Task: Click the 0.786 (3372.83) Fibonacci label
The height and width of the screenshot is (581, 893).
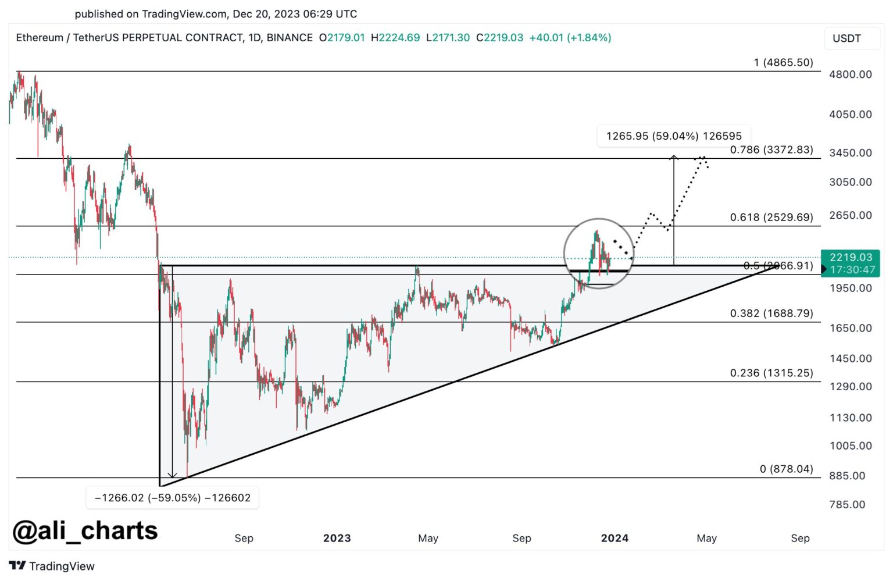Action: click(x=771, y=149)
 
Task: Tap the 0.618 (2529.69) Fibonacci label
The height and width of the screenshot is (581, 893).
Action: click(x=771, y=217)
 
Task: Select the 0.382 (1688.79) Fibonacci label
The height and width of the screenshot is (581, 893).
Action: click(x=771, y=313)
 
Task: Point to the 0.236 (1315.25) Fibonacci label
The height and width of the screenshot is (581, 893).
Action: click(x=771, y=373)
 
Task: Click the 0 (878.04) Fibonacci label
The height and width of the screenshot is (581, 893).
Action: click(x=786, y=469)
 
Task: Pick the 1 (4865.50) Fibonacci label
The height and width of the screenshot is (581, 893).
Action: click(x=783, y=62)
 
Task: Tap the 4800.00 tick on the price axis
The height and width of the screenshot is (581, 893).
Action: click(x=850, y=74)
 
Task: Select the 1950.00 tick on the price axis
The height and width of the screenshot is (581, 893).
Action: click(x=850, y=288)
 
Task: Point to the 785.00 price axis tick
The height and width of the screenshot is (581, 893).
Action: click(x=847, y=504)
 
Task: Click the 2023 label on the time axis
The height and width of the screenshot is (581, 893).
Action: click(x=337, y=538)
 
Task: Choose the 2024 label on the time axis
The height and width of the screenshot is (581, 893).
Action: click(x=615, y=538)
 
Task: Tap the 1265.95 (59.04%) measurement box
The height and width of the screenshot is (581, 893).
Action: click(x=674, y=136)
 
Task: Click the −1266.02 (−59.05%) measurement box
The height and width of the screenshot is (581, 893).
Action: click(x=172, y=498)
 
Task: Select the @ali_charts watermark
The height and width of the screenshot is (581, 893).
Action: click(x=85, y=531)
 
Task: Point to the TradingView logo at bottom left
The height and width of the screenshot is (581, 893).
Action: click(x=52, y=566)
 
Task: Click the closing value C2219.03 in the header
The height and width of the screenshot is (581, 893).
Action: click(x=499, y=38)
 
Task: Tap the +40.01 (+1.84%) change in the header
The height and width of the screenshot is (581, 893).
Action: click(x=570, y=38)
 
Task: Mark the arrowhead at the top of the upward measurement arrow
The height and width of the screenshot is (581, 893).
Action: click(x=674, y=156)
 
